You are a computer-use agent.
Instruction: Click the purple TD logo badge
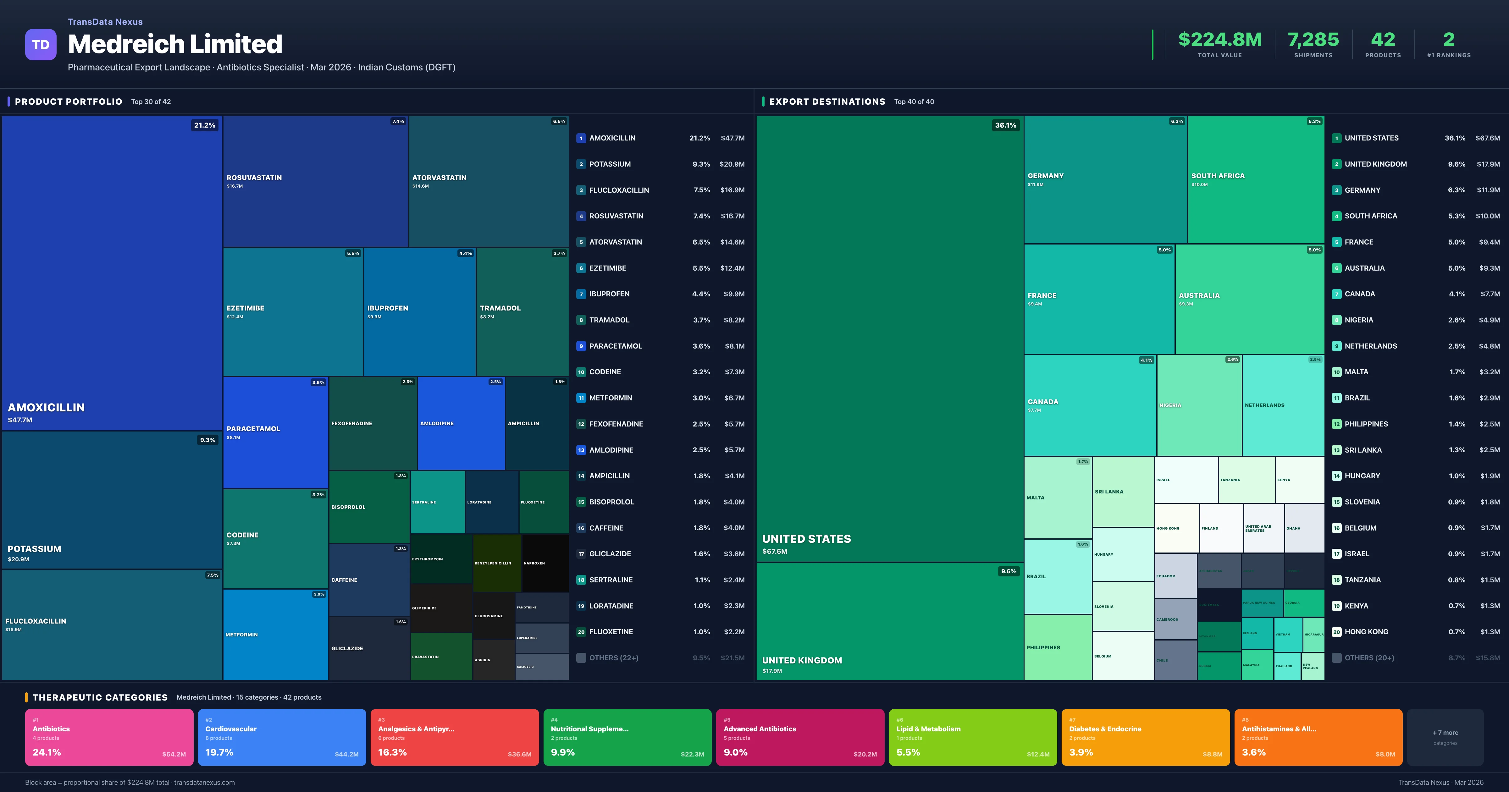pyautogui.click(x=41, y=45)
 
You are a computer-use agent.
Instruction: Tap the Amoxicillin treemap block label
pyautogui.click(x=46, y=407)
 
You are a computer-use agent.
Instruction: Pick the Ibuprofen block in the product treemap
pyautogui.click(x=419, y=312)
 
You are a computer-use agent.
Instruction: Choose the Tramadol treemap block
pyautogui.click(x=522, y=312)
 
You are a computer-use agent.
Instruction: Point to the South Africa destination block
pyautogui.click(x=1255, y=179)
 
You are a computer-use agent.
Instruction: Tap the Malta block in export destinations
pyautogui.click(x=1057, y=497)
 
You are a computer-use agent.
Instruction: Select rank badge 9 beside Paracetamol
pyautogui.click(x=581, y=346)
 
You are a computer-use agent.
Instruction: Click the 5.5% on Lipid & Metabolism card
pyautogui.click(x=908, y=752)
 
